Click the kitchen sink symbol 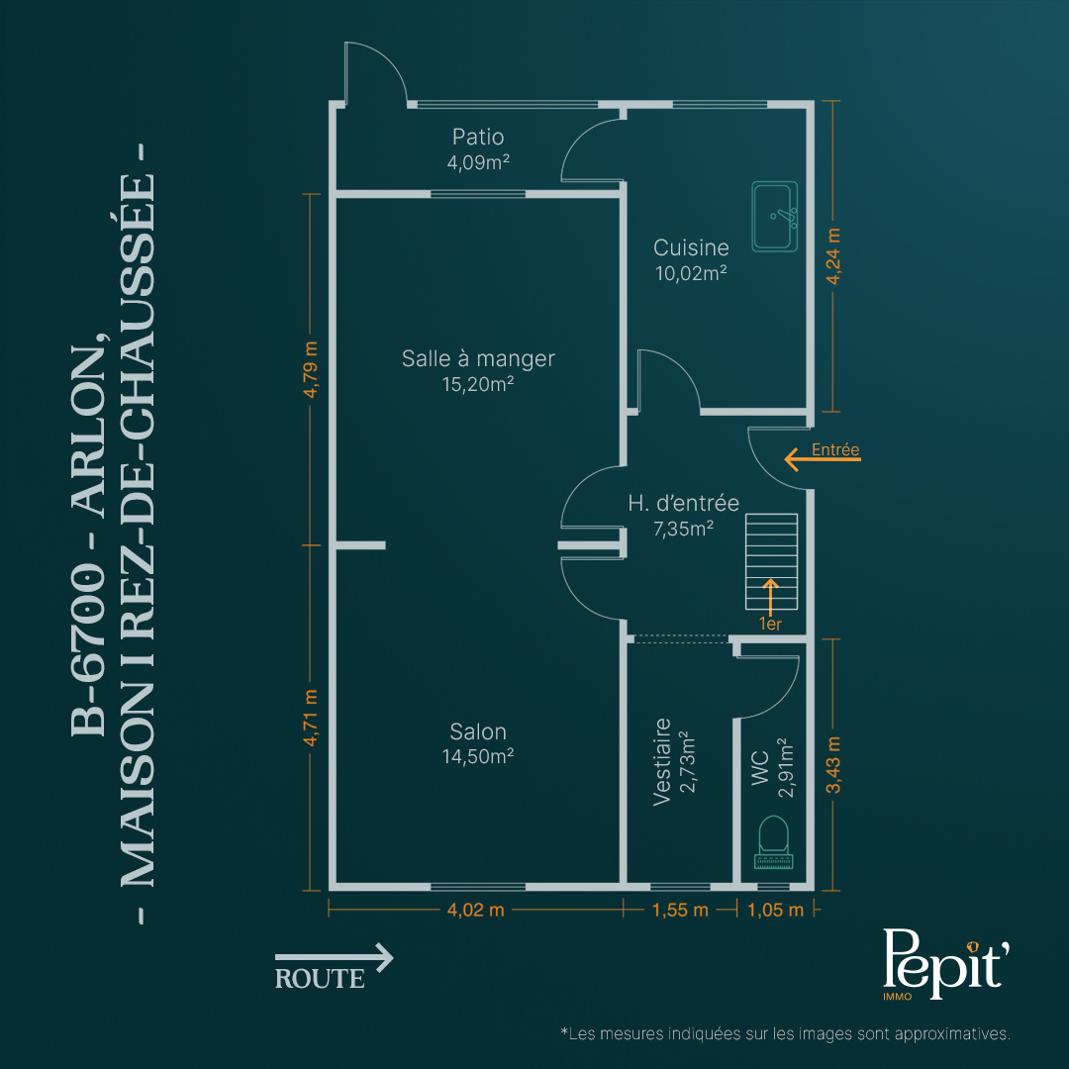pos(774,216)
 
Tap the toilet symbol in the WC pos(774,842)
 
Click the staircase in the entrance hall pos(771,561)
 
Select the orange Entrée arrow pos(823,459)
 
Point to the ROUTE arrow pos(335,957)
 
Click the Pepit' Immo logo pos(945,963)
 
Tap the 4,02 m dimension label pos(475,911)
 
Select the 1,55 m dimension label pos(680,911)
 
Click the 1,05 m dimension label pos(775,911)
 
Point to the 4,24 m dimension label pos(833,256)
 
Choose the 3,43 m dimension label pos(833,765)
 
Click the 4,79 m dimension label pos(310,369)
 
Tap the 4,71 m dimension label pos(310,718)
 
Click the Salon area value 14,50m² pos(478,756)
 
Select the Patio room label pos(478,137)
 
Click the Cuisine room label pos(691,247)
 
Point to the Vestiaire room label pos(661,761)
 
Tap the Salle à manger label pos(478,358)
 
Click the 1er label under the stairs pos(770,624)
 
